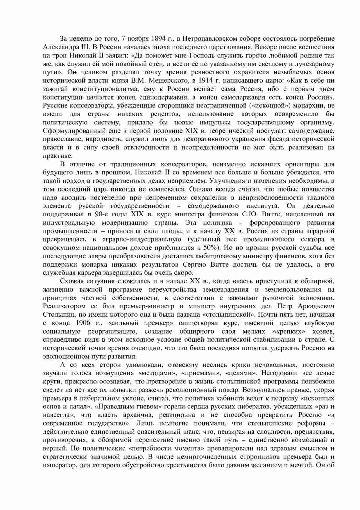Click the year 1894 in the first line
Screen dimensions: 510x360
159,39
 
